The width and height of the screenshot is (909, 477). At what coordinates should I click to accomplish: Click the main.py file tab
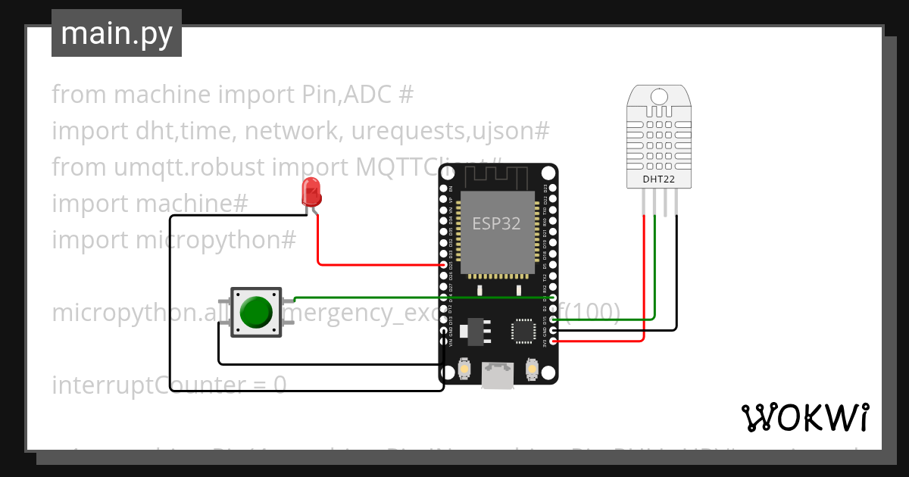point(116,33)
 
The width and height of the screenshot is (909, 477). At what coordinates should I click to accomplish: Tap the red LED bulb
point(311,192)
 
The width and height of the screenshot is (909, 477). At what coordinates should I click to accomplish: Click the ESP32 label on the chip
point(497,223)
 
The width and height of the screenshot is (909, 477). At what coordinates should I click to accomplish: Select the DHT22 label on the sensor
point(658,179)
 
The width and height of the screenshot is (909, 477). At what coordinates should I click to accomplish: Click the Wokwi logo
point(804,417)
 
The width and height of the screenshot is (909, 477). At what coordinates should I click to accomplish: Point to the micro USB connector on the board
point(498,375)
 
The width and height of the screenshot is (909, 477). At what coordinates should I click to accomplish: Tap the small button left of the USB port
point(464,369)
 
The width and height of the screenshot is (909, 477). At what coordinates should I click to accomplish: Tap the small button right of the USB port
point(532,369)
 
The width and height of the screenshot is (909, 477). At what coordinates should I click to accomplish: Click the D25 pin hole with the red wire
point(444,265)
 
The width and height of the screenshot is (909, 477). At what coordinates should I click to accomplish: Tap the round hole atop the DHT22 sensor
point(659,96)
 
